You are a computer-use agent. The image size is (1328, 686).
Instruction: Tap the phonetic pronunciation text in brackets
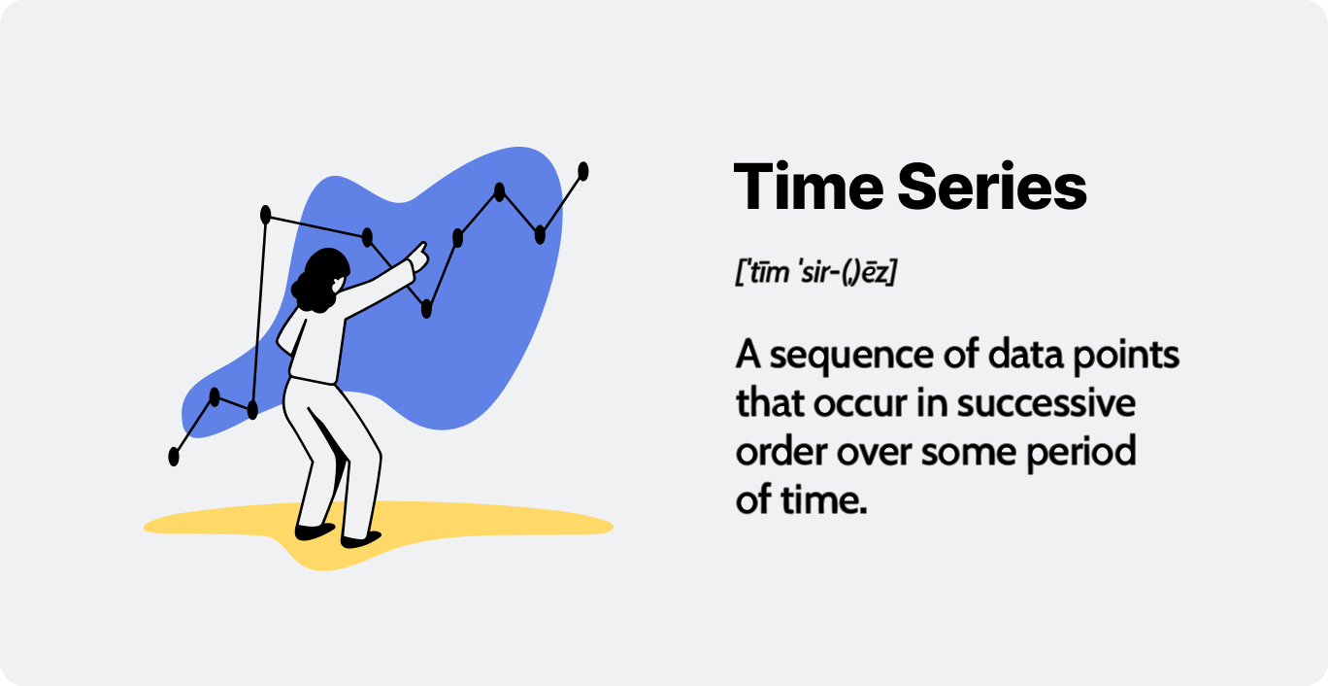(x=815, y=272)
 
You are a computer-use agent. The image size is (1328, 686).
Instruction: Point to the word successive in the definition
(x=1046, y=403)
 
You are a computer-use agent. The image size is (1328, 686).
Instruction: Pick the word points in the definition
(x=1126, y=355)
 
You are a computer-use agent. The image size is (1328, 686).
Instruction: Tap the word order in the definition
(x=781, y=451)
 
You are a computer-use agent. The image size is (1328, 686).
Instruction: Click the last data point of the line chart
(x=582, y=171)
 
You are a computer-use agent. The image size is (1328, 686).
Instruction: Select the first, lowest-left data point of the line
(x=174, y=457)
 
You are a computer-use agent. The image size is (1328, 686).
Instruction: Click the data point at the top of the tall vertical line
(x=266, y=215)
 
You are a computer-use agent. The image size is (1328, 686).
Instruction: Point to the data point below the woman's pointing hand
(x=426, y=309)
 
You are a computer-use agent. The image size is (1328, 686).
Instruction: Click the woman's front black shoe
(x=360, y=539)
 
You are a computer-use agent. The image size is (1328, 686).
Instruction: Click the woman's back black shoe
(x=315, y=532)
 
